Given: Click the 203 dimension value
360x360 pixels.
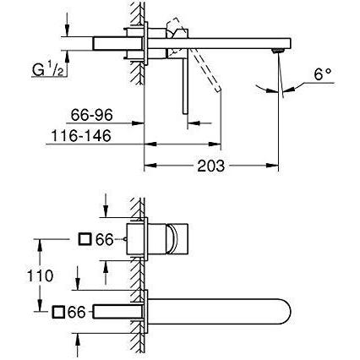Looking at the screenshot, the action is [x=210, y=166].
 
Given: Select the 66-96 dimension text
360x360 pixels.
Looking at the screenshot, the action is [x=91, y=115].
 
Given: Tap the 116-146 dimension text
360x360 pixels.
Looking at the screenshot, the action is [x=81, y=136].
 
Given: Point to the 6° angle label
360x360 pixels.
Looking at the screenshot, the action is [x=323, y=74].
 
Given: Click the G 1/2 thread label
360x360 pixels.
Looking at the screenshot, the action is [x=47, y=69].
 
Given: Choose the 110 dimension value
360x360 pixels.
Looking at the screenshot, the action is [x=40, y=275].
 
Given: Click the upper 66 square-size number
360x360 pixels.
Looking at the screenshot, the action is [x=104, y=240].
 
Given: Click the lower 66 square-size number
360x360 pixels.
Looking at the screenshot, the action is [x=76, y=312].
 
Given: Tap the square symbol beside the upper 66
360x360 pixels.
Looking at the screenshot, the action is [x=85, y=239].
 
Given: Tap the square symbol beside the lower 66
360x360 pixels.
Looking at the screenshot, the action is [x=58, y=312].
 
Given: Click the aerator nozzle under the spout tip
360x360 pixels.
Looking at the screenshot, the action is [x=277, y=51].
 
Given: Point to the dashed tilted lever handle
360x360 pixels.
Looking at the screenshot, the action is [x=205, y=69].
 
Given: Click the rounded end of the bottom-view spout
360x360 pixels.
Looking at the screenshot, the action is [x=286, y=311].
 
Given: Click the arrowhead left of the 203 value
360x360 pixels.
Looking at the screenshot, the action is [x=150, y=166].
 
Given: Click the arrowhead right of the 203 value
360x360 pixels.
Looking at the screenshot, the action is [x=272, y=166].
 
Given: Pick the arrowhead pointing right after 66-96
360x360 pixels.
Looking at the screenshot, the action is [x=139, y=123].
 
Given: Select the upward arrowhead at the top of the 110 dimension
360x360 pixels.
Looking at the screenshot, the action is [x=40, y=245].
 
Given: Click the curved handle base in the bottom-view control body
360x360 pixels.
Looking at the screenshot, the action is [x=172, y=239].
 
